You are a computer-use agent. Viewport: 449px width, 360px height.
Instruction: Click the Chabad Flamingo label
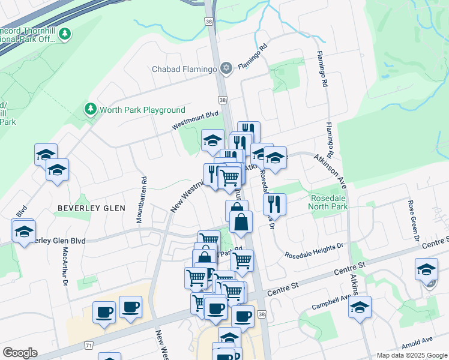[x=184, y=70]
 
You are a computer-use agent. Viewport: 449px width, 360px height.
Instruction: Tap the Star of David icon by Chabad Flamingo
[x=226, y=68]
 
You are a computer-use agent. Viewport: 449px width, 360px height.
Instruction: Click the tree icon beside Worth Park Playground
[x=90, y=109]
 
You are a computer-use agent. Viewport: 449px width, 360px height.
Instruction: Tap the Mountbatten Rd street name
[x=142, y=200]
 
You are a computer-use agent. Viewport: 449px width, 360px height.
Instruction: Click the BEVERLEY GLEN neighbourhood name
[x=91, y=208]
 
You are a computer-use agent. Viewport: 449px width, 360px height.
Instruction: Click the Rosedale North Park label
[x=328, y=202]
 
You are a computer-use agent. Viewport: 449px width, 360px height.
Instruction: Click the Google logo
[x=20, y=353]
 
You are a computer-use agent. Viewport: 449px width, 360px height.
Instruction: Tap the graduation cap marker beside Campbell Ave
[x=360, y=308]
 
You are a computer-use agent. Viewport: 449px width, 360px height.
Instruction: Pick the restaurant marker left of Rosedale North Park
[x=274, y=203]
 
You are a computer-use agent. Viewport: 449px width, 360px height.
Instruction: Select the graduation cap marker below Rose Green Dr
[x=426, y=269]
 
